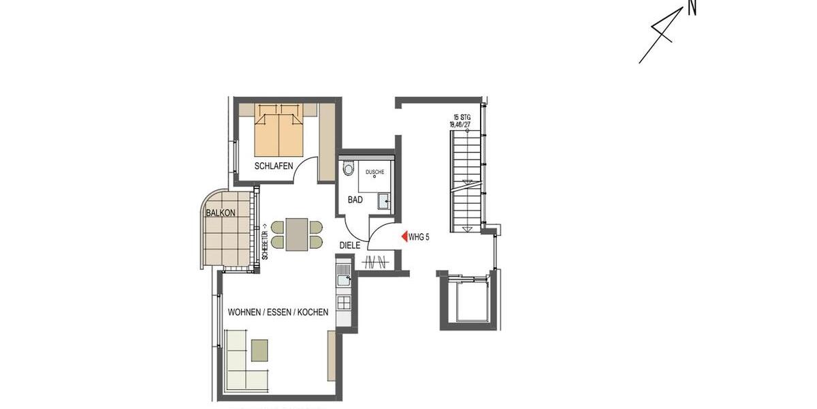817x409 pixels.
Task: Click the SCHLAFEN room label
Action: click(274, 166)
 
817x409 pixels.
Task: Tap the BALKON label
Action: click(221, 213)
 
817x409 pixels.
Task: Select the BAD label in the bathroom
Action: click(355, 200)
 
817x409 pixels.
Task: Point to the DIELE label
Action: click(350, 245)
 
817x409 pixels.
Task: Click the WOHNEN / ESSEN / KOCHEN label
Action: click(278, 312)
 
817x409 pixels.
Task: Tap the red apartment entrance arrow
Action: click(404, 237)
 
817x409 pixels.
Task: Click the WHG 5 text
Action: click(419, 237)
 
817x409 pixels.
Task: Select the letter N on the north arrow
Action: click(692, 8)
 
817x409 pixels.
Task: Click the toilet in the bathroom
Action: click(349, 168)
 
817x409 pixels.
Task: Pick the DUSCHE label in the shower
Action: click(374, 172)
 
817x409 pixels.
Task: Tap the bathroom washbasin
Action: click(383, 200)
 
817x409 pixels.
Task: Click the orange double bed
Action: click(279, 130)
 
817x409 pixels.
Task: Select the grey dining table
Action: click(297, 234)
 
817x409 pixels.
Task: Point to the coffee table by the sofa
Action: click(259, 350)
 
